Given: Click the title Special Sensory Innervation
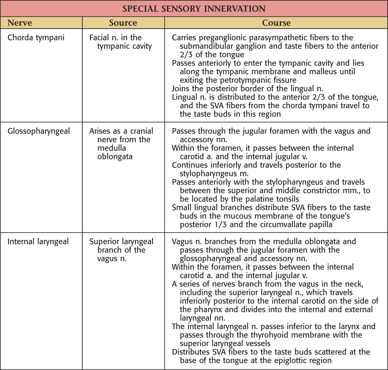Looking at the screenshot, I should (194, 9).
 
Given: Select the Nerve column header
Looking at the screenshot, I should (20, 23).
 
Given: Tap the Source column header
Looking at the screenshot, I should (123, 23).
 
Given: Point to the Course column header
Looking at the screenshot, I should (276, 23).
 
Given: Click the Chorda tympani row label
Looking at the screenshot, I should (36, 38).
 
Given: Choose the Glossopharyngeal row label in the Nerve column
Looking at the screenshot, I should (39, 131).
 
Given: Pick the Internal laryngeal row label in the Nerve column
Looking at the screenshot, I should (38, 242).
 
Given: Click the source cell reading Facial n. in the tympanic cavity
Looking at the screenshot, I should (120, 42).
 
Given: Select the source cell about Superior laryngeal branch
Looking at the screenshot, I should (121, 250).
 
